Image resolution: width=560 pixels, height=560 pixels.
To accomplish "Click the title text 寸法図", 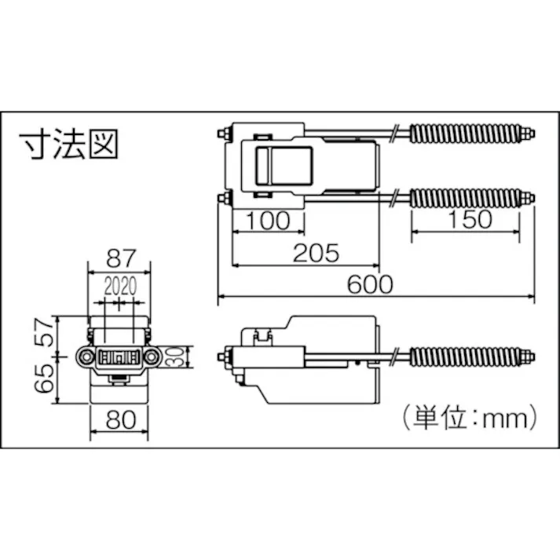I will coord(68,146).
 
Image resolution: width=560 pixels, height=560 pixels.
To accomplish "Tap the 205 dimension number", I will coord(316,252).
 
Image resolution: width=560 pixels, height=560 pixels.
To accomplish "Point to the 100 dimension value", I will coord(268,220).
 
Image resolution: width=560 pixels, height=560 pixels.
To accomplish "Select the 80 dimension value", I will coord(119,419).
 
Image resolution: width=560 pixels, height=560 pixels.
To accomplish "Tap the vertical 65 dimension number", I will coord(46,380).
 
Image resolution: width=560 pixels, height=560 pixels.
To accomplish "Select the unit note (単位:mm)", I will coord(468,414).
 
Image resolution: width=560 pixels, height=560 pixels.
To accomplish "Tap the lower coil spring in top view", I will coord(469,196).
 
